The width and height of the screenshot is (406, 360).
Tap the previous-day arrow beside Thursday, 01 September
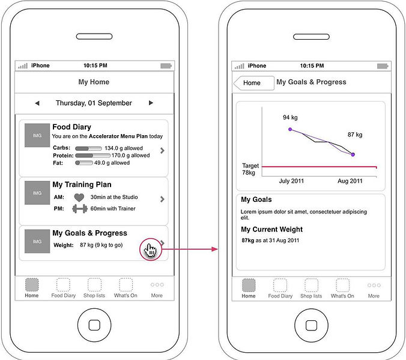(x=37, y=103)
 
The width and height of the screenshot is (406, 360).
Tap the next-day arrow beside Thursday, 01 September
(x=151, y=103)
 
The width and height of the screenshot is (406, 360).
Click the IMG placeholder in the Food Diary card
(x=37, y=135)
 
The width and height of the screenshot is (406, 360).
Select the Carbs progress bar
(x=88, y=148)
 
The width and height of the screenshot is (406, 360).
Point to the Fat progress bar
(x=83, y=163)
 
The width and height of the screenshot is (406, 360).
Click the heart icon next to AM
(x=79, y=198)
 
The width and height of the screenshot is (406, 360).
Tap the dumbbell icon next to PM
(x=80, y=209)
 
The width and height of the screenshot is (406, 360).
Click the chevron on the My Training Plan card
(x=162, y=199)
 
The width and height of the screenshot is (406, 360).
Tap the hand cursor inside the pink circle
(x=150, y=251)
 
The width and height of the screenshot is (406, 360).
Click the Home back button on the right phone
(x=253, y=83)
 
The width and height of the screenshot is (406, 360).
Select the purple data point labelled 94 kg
(x=290, y=129)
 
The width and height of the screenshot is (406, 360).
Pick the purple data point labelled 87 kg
(x=353, y=154)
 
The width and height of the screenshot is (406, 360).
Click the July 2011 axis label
(x=291, y=181)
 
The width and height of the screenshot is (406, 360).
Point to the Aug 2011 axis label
(x=350, y=181)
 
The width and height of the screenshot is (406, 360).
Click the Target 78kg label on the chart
(x=250, y=169)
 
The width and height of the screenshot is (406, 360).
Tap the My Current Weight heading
(x=271, y=230)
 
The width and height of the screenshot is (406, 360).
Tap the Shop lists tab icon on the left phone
(x=94, y=285)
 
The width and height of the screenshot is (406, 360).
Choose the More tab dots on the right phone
(x=374, y=285)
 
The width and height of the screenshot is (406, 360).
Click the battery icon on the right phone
(x=383, y=66)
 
